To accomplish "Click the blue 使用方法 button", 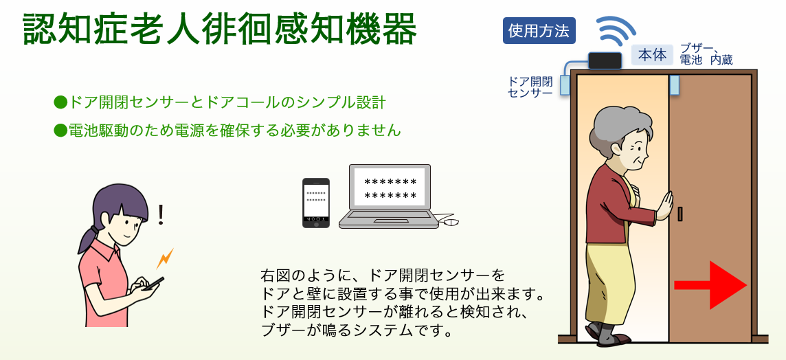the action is coord(539,31).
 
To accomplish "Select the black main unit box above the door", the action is coord(605,60).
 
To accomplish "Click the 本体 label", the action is coord(652,55).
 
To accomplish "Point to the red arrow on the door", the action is coord(710,285).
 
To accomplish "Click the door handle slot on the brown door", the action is coord(680,214).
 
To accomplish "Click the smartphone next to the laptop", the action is coord(316,203).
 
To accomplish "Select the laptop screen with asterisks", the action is coord(390,186).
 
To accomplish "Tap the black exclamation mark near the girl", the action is coord(160,214).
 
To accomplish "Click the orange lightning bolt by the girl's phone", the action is coord(165,258).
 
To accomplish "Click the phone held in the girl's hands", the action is coord(153,284).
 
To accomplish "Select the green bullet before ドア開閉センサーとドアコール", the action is coord(60,103).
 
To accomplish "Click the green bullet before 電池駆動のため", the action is coord(60,131).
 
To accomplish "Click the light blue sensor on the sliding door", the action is coord(674,85).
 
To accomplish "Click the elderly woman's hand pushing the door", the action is coord(664,205).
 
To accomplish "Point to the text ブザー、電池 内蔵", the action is coord(706,55).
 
